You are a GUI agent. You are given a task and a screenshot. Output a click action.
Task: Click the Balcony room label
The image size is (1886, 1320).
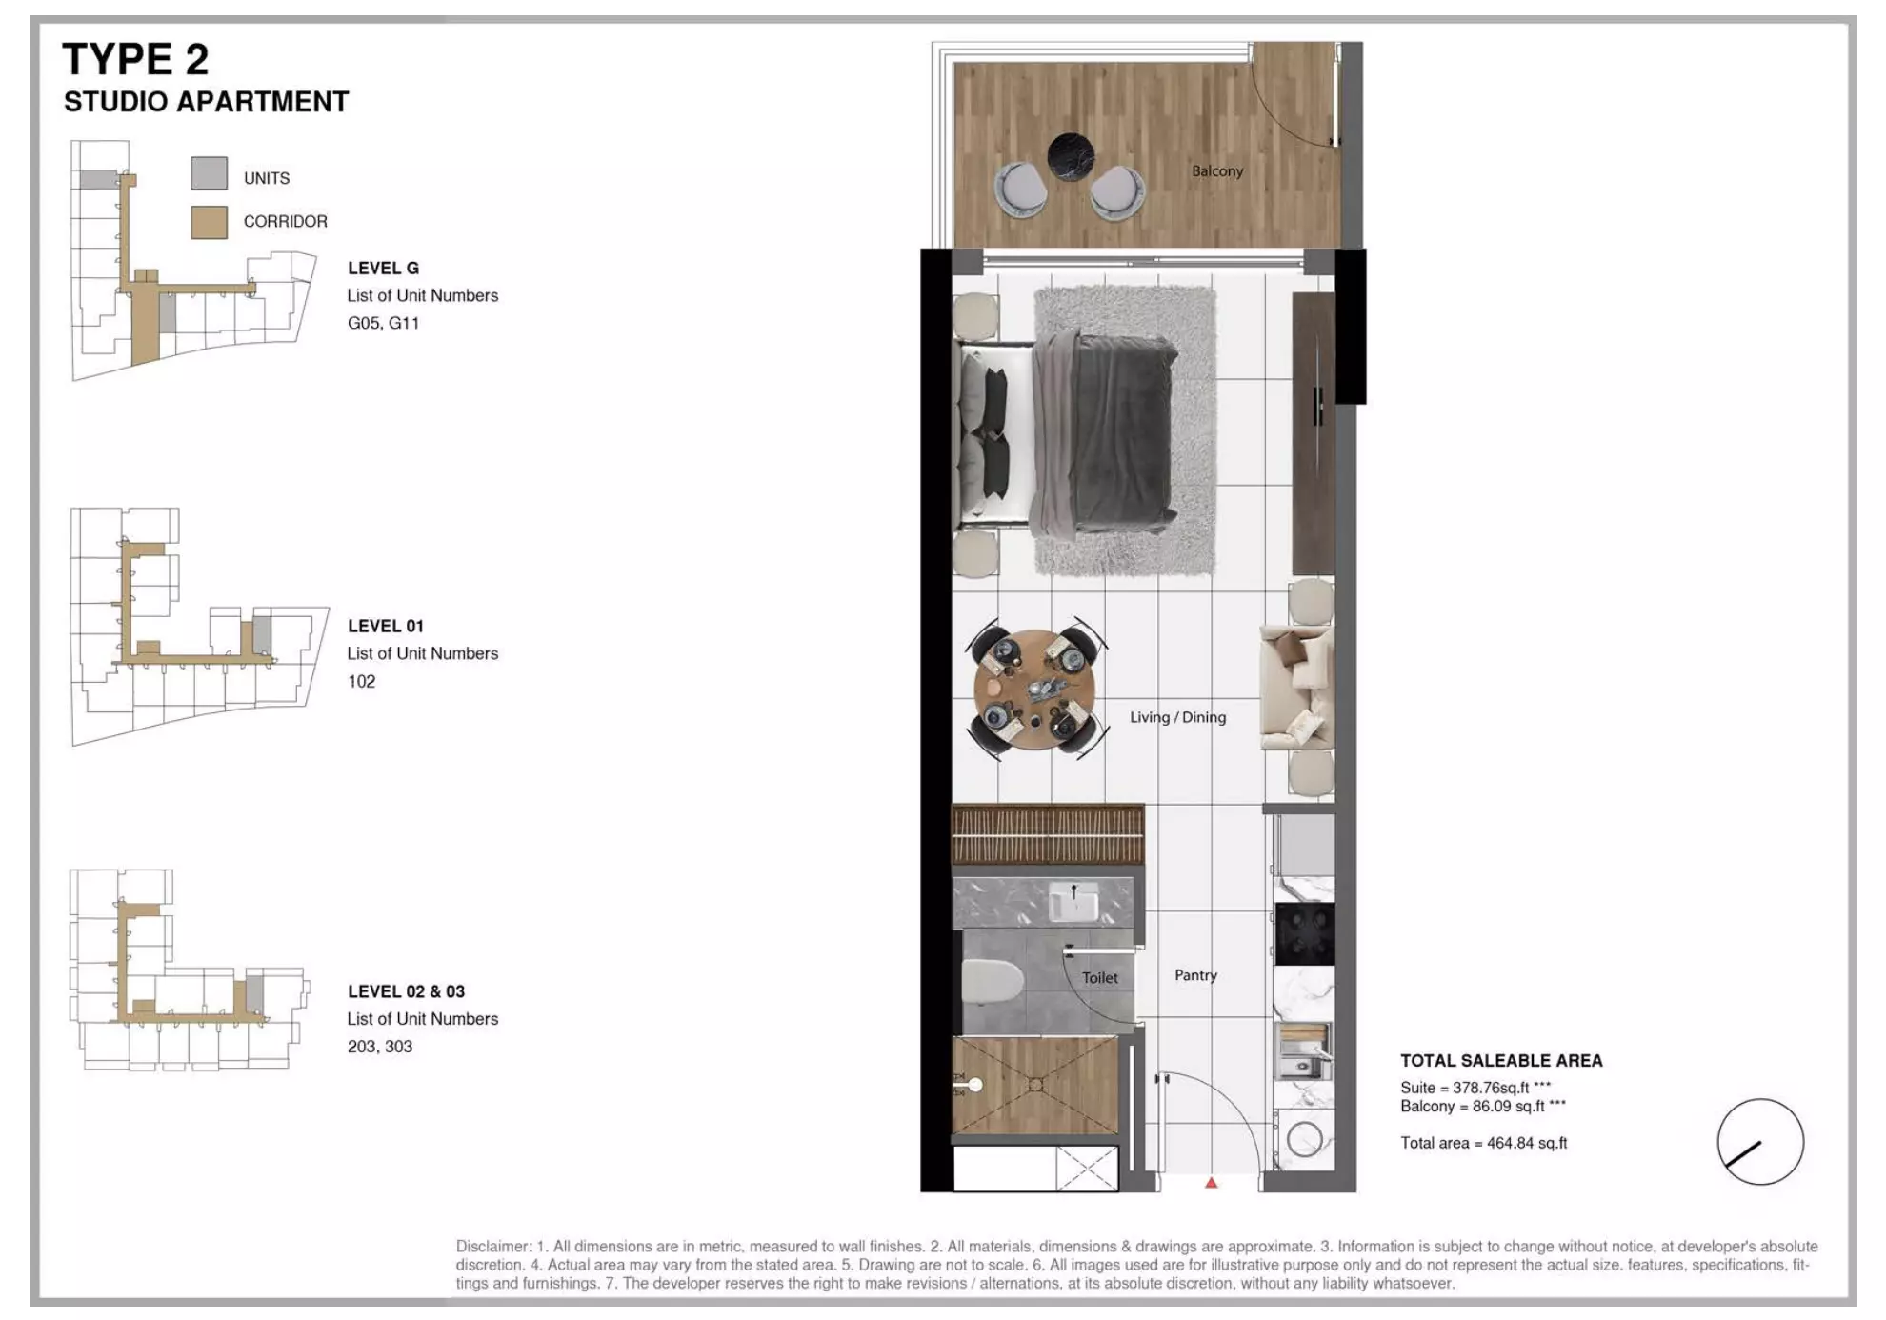tap(1216, 171)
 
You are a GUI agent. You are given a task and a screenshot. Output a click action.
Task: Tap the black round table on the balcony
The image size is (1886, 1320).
tap(1070, 156)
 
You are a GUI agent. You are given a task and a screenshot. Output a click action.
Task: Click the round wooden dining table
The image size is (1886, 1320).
tap(1033, 690)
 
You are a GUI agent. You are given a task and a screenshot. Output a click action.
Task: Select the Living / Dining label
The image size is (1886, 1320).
tap(1177, 717)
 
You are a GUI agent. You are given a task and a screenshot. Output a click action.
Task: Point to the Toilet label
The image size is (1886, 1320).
tap(1099, 977)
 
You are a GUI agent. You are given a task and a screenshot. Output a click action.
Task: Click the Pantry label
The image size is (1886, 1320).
tap(1195, 975)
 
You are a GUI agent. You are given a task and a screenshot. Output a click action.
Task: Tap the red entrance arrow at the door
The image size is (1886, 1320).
tap(1211, 1183)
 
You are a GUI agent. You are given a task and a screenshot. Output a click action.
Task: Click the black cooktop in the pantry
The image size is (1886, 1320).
tap(1304, 932)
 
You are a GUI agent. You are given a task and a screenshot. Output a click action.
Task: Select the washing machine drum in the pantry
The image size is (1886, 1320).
tap(1303, 1139)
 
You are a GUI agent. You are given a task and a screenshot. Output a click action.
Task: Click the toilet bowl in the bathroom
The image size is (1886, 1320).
tap(990, 983)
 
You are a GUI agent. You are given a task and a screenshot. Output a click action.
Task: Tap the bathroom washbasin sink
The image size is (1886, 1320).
tap(1073, 901)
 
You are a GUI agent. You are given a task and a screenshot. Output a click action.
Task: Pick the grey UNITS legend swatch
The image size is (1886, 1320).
tap(209, 174)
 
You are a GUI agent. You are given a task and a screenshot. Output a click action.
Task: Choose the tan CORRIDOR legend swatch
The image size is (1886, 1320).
tap(209, 222)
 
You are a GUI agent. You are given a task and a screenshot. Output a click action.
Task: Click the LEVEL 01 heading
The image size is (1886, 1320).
tap(385, 626)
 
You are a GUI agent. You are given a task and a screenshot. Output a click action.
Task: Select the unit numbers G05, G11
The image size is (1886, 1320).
tap(383, 323)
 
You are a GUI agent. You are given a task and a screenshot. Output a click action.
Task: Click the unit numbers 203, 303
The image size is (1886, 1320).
tap(379, 1046)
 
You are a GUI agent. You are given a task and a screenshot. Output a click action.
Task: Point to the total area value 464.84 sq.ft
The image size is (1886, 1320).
tap(1526, 1143)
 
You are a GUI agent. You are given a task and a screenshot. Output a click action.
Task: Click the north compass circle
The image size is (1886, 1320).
tap(1759, 1141)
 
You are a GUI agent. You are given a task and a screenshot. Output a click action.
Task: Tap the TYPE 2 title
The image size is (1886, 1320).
tap(135, 59)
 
